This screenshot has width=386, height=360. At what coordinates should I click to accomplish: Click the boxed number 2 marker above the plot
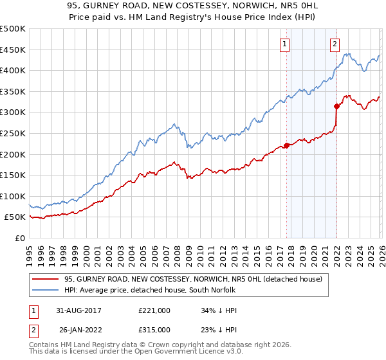(x=335, y=44)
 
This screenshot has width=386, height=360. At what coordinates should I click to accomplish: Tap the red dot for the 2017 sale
(x=286, y=145)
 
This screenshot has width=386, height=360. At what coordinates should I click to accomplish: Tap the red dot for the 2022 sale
(x=336, y=106)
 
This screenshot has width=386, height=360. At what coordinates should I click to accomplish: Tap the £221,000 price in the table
(x=154, y=310)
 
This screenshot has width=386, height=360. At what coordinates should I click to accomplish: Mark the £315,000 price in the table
(x=154, y=329)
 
